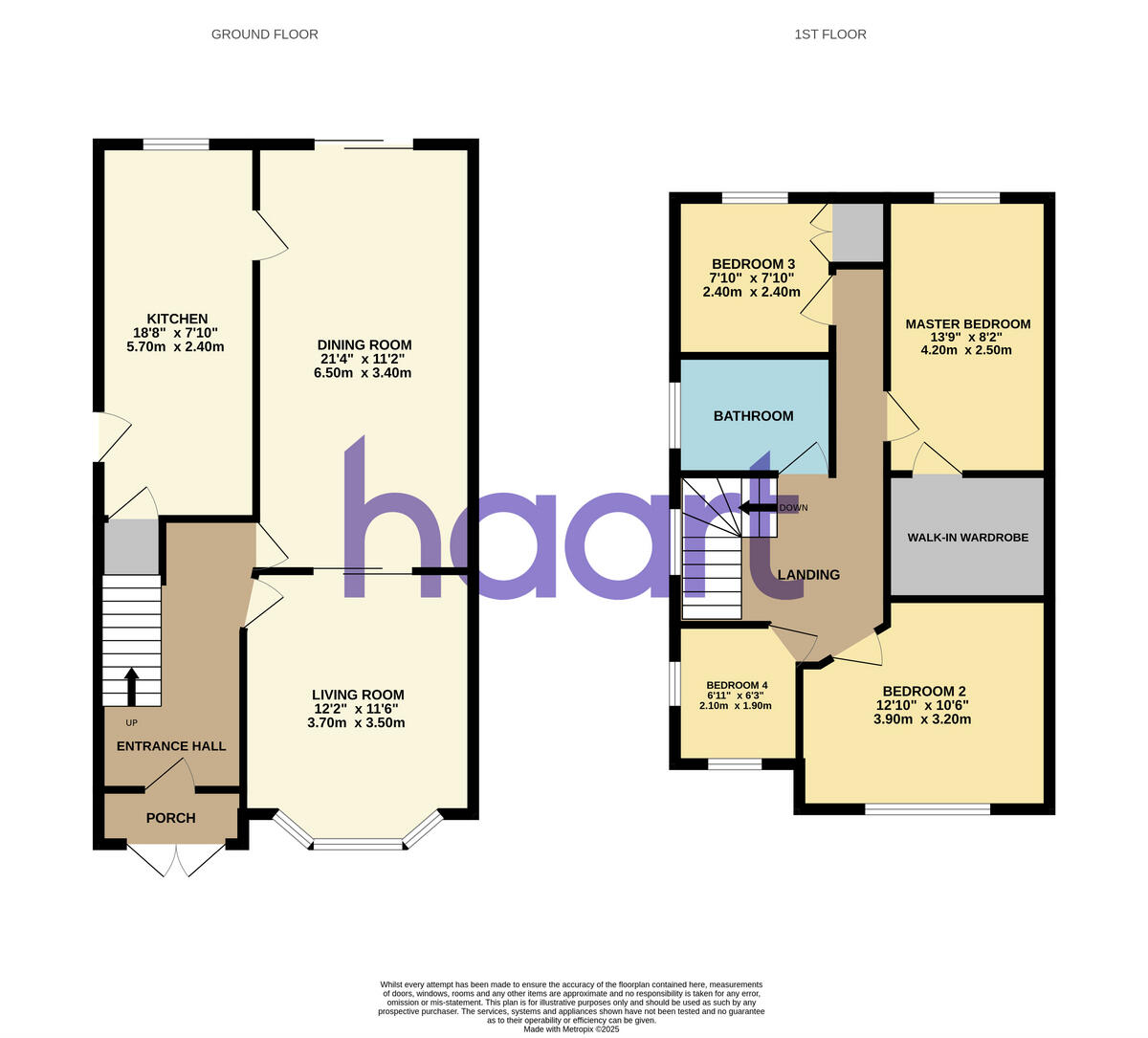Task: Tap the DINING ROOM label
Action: (x=364, y=345)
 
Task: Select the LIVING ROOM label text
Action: (x=358, y=695)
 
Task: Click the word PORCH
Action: (x=171, y=818)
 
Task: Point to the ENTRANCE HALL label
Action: (x=171, y=746)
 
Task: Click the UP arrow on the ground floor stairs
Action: (x=131, y=686)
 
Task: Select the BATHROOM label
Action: (x=754, y=416)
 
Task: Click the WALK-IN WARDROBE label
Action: (x=968, y=538)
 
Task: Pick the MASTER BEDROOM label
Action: (x=968, y=324)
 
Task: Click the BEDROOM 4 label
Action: (x=737, y=685)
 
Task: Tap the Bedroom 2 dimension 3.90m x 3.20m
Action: (x=922, y=719)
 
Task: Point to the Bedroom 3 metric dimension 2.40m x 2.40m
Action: (x=752, y=292)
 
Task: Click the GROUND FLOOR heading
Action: (x=265, y=34)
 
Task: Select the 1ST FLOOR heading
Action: (x=830, y=34)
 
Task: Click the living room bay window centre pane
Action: (x=358, y=845)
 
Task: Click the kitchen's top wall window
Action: (x=176, y=144)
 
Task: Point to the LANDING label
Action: (x=808, y=575)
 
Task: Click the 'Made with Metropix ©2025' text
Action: (x=572, y=1029)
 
